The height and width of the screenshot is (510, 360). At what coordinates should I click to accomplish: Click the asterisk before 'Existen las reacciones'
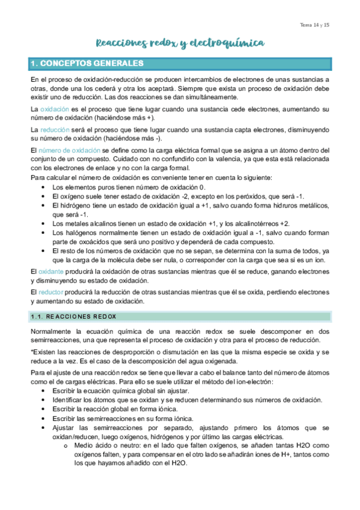(31, 352)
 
